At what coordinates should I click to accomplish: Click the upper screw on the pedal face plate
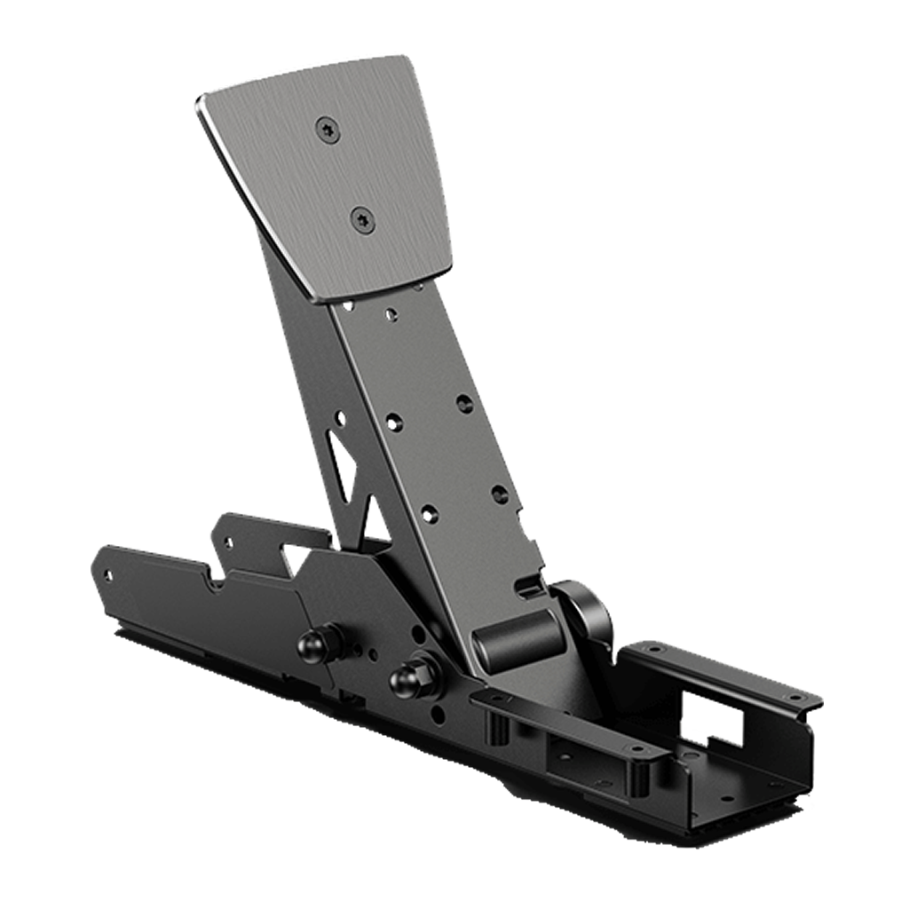[326, 130]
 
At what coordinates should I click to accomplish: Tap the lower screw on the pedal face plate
[360, 217]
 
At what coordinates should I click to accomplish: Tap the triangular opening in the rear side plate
[292, 555]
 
